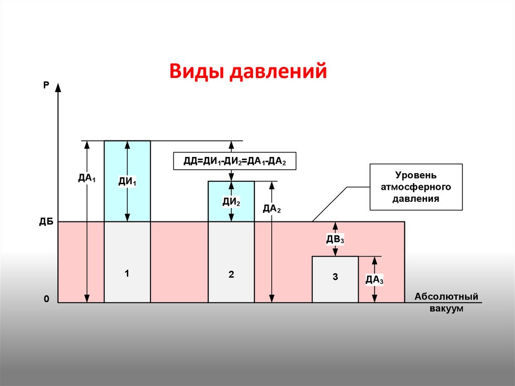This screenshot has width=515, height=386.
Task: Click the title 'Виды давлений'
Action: pos(248,71)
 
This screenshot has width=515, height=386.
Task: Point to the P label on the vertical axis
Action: pos(46,86)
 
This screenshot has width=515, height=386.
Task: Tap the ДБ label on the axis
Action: pos(46,222)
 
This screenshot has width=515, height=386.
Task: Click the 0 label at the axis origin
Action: pos(46,299)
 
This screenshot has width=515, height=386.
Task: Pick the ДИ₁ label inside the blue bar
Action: pos(127,181)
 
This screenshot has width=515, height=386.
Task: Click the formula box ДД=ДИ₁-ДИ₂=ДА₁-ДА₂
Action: pos(234,162)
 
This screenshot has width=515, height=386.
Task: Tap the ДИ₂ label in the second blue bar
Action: pos(231,202)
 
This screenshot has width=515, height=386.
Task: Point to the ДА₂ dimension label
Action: pos(272,208)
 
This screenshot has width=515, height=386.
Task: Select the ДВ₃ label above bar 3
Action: pos(335,239)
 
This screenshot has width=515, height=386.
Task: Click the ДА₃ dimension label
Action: pos(375,279)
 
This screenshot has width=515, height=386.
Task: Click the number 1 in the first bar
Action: pos(127,274)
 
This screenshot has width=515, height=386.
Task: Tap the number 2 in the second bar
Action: pos(231,275)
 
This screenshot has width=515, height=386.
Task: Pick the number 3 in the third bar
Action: pos(335,277)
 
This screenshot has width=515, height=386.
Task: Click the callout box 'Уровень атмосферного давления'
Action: pos(416,187)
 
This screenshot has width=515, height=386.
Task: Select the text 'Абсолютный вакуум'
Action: pos(446,302)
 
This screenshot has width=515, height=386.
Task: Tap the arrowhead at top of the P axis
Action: pos(58,87)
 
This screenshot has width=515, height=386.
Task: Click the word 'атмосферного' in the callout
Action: pos(416,187)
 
